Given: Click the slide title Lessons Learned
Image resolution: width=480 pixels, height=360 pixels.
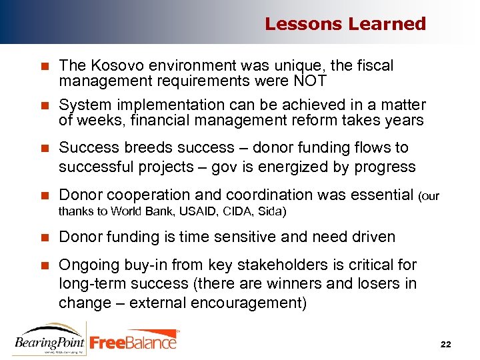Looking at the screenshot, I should coord(345,24).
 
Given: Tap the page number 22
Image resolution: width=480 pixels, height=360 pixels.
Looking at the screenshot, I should coord(446,344).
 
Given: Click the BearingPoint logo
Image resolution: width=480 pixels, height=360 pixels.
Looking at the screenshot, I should coord(49,339).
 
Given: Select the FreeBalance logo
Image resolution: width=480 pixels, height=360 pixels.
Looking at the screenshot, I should coord(134,341).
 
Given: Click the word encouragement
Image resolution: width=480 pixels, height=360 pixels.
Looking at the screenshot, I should coord(253,303).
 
